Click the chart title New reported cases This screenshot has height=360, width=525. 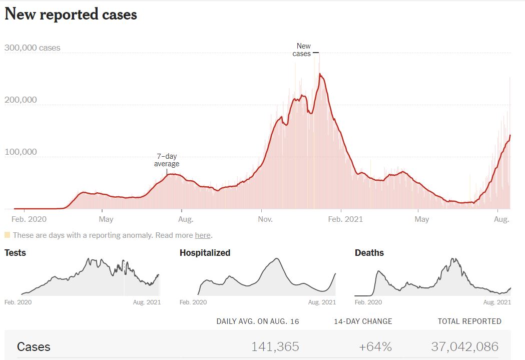(71, 15)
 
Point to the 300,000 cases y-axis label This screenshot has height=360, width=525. (33, 48)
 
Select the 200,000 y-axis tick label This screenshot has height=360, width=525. (21, 100)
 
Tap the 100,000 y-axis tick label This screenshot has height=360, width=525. (21, 152)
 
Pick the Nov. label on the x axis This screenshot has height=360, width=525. (265, 219)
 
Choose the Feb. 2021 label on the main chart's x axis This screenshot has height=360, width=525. (346, 219)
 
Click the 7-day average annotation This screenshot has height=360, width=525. (167, 160)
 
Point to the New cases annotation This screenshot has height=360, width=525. (302, 50)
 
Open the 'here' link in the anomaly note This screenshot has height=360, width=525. (202, 235)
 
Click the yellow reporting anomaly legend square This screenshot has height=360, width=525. (7, 235)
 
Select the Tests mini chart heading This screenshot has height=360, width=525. (15, 253)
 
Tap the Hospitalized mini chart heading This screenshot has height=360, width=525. (205, 253)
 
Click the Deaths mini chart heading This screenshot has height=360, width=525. (369, 253)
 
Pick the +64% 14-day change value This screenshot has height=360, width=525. (375, 346)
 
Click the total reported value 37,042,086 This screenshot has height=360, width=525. (464, 346)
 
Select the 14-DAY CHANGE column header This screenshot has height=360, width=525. (363, 321)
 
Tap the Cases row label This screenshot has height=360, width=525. (34, 346)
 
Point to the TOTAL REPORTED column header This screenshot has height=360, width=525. (469, 321)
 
